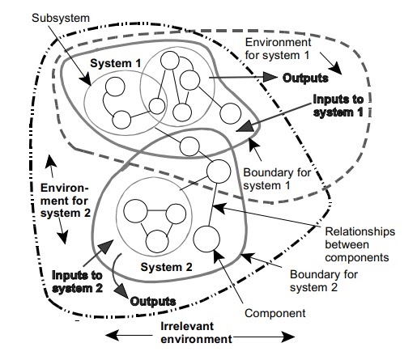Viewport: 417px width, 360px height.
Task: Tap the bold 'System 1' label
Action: point(115,63)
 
